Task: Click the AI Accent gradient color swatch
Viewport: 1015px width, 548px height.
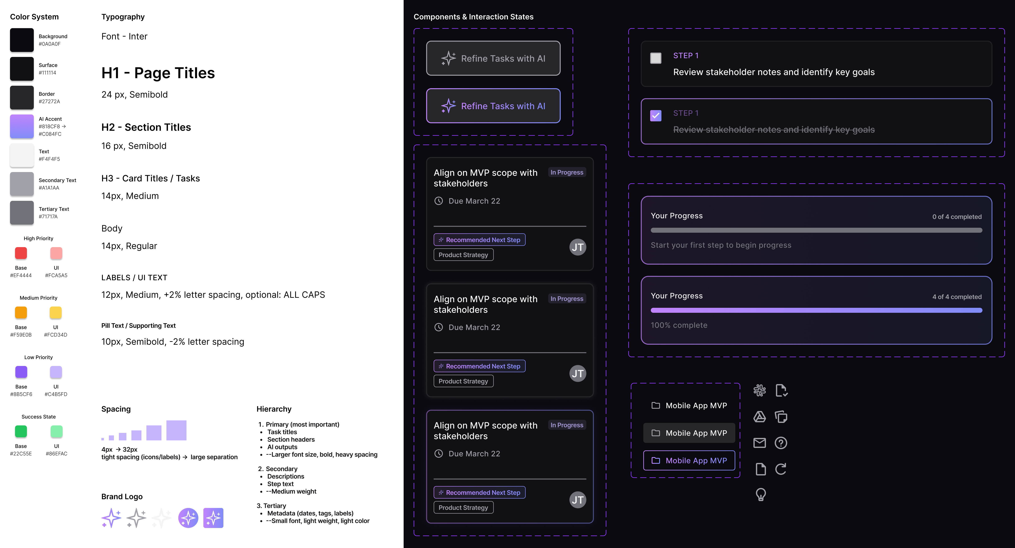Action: pos(22,126)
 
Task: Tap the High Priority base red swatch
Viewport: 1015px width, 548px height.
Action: pos(21,253)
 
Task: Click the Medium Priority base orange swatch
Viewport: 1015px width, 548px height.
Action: pos(21,312)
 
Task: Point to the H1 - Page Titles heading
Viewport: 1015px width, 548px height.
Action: pos(158,73)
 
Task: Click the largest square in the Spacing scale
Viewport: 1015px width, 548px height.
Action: pos(176,430)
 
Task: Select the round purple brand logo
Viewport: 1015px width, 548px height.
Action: pos(188,518)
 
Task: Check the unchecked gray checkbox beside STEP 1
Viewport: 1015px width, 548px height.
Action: pos(656,58)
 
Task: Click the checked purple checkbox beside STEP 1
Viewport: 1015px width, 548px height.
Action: pos(656,116)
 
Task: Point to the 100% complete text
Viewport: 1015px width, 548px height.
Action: pos(679,325)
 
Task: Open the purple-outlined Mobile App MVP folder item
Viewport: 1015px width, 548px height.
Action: pos(689,460)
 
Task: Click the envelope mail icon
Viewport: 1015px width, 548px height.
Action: pos(760,443)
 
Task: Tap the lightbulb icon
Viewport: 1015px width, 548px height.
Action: pos(761,494)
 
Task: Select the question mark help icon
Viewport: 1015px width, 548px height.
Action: pos(781,443)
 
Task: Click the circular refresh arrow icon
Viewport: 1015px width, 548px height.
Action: pos(781,469)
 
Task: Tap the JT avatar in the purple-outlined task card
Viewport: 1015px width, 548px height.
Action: pos(578,500)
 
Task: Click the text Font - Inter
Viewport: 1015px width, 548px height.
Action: pos(124,36)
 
